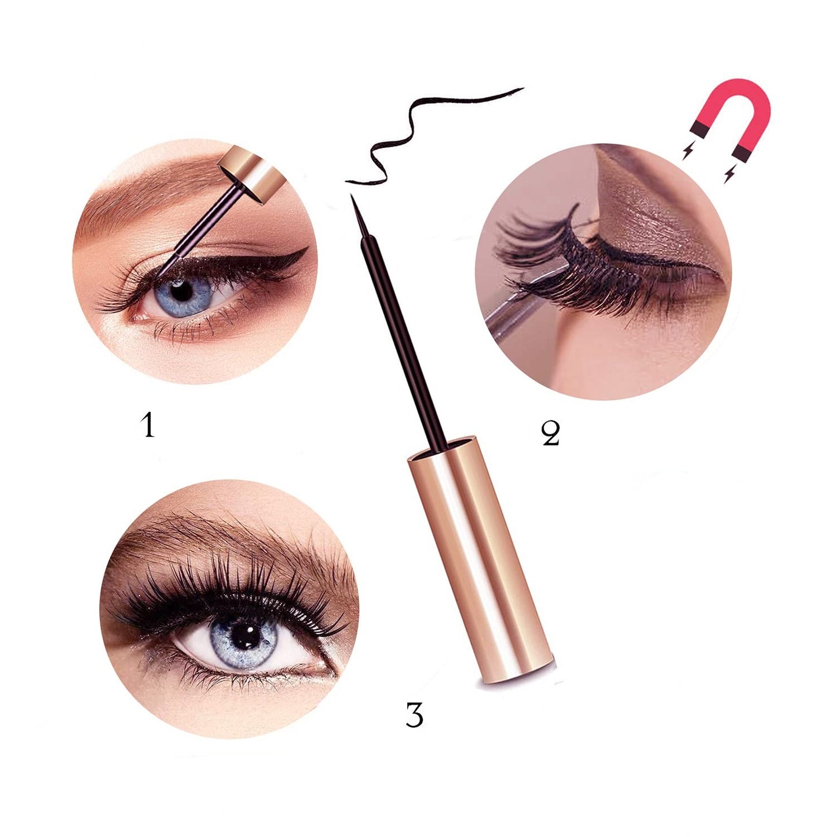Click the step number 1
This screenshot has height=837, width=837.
coord(149,425)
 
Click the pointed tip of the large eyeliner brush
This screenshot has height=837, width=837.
coord(351,195)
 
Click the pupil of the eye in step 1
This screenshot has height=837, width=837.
coord(181,291)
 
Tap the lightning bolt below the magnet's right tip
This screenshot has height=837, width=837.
coord(729,173)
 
